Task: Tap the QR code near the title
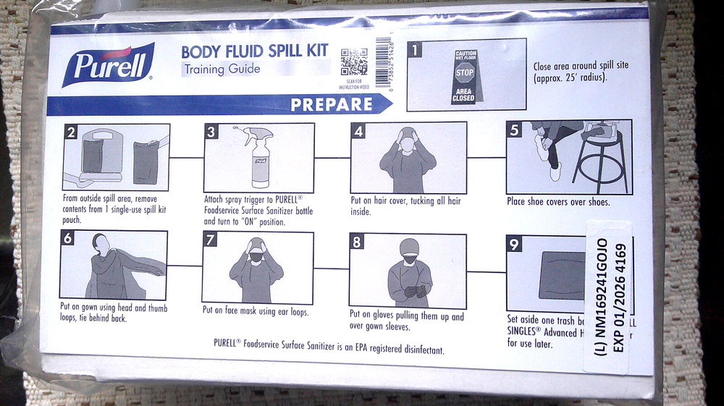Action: tap(354, 62)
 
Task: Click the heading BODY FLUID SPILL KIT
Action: tap(254, 52)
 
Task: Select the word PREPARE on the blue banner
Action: tap(331, 104)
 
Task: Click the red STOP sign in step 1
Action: tap(464, 73)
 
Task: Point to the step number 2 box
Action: tap(71, 132)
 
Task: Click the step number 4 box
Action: tap(358, 131)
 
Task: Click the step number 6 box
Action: tap(68, 240)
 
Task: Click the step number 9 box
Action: tap(514, 245)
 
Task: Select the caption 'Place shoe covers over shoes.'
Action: tap(558, 202)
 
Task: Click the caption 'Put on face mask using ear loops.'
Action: tap(256, 312)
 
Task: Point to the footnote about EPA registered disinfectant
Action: tap(329, 347)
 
